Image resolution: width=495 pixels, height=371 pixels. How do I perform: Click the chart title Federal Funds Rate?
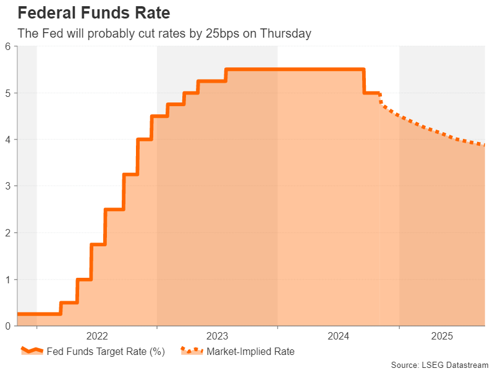93,12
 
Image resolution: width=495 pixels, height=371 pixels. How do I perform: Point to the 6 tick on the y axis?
7,46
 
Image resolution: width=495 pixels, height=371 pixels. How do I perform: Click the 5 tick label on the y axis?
7,93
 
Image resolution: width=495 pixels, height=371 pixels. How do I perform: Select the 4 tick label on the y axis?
7,140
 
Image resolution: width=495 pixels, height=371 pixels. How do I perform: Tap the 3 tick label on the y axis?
7,186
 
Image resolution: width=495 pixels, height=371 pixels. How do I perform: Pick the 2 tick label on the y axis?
7,233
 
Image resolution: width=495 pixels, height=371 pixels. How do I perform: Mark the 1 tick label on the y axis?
7,280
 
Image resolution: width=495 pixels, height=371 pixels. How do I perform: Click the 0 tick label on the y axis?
7,326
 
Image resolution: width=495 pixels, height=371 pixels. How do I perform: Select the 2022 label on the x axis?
97,336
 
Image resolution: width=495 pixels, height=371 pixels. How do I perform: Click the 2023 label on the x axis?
218,336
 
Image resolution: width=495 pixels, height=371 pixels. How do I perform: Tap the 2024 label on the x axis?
339,336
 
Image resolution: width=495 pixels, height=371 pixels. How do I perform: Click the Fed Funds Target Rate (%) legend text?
106,352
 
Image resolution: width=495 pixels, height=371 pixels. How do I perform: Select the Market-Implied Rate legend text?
250,352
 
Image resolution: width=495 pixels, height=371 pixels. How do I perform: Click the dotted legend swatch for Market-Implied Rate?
191,351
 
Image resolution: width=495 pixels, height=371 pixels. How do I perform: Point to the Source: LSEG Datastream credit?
439,365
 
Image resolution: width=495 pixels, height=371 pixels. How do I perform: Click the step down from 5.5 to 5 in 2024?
364,81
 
